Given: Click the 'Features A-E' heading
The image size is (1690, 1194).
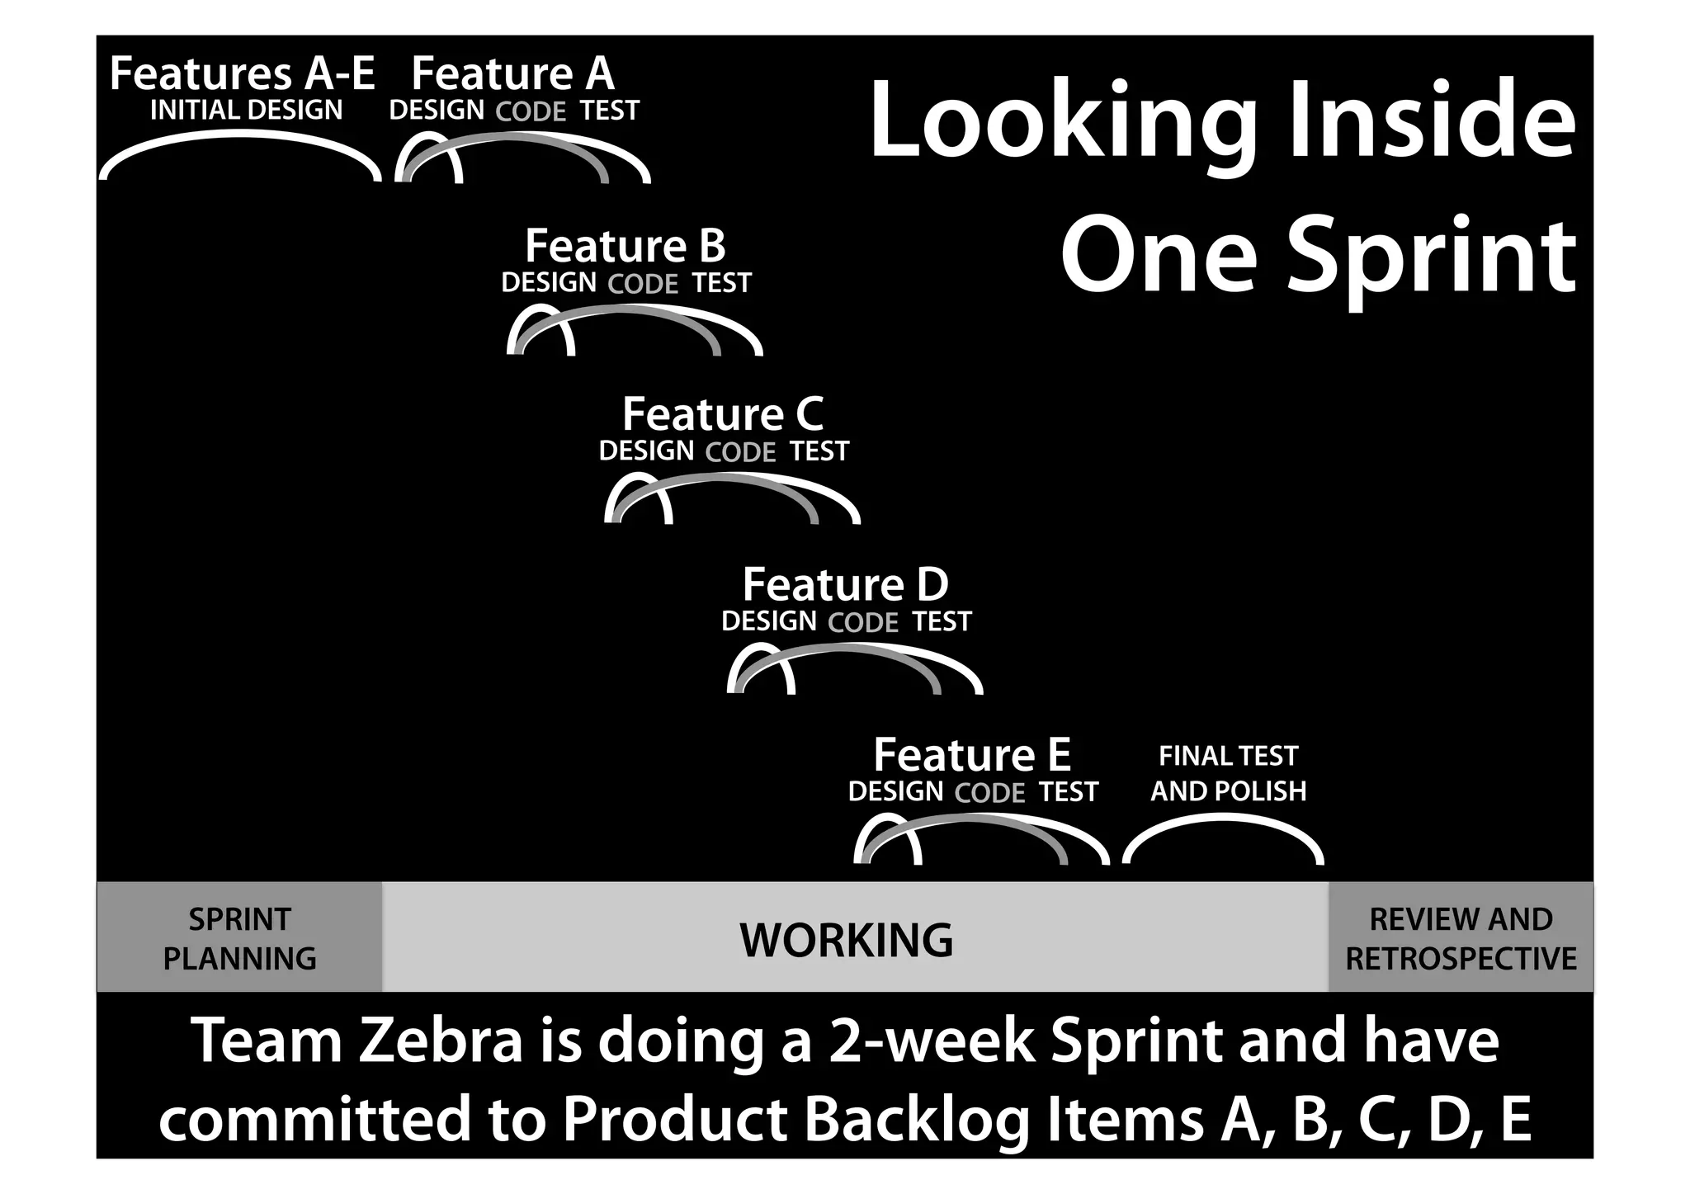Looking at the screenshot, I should tap(242, 74).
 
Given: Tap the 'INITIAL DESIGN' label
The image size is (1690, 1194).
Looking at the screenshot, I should tap(246, 110).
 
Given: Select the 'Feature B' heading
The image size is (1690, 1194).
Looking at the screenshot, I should tap(625, 246).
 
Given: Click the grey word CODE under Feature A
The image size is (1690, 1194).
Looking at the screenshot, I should tap(531, 111).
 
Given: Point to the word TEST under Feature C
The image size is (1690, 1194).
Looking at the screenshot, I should tap(819, 451).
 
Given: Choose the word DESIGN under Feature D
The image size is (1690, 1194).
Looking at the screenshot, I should tap(768, 621).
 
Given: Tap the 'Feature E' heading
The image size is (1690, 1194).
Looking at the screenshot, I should tap(972, 755).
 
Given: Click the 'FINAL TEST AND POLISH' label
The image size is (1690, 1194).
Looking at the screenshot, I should tap(1228, 773).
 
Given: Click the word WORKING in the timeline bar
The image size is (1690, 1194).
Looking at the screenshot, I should tap(846, 940).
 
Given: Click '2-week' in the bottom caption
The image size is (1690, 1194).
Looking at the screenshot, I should tap(932, 1041).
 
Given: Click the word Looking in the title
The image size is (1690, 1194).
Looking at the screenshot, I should tap(1063, 122).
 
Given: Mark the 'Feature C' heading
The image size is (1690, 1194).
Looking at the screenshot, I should tap(723, 414).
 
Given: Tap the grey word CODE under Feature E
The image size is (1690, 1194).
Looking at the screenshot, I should tap(989, 793).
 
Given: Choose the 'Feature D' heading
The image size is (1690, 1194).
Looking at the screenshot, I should tap(845, 585).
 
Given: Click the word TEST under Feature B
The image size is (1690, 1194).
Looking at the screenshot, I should tap(721, 283).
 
